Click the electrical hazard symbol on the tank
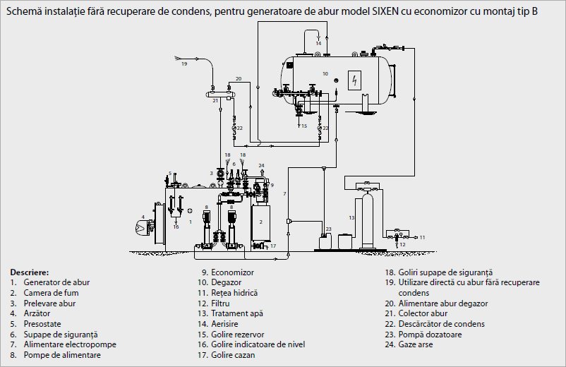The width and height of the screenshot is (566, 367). tap(354, 80)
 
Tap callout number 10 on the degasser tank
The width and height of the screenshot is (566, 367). tap(325, 73)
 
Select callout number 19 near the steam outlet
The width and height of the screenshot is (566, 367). tap(184, 64)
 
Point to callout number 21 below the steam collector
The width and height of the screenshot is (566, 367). tap(215, 101)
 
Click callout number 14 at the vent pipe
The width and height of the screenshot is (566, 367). tap(318, 43)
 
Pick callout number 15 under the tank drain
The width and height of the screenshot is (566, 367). tap(304, 126)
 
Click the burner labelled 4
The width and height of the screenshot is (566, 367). tap(145, 227)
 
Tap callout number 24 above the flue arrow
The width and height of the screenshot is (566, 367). tap(261, 166)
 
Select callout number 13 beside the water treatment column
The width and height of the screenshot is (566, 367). tap(351, 217)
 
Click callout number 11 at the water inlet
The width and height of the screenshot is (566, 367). tap(422, 237)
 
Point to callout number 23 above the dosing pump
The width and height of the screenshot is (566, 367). tap(328, 229)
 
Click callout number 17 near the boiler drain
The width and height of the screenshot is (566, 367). tap(273, 246)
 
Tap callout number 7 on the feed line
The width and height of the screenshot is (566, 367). tap(284, 194)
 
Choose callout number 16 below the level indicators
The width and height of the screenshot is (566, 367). tap(176, 227)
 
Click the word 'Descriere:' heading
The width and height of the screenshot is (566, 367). tap(29, 272)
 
